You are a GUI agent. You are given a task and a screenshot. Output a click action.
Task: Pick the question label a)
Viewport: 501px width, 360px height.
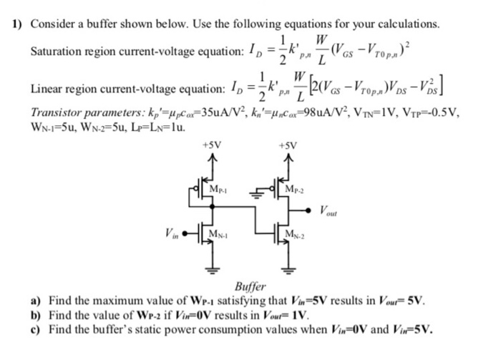(x=34, y=298)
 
